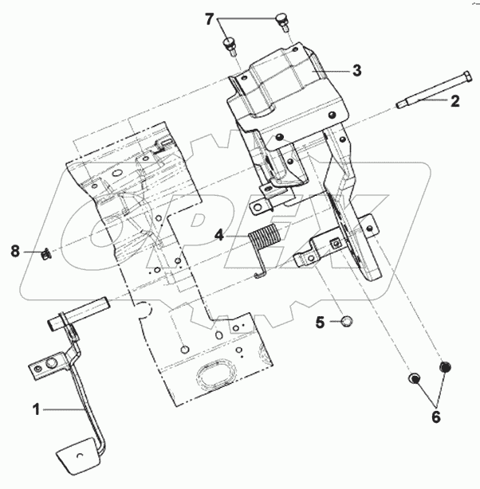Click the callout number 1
[36, 409]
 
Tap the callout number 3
[356, 70]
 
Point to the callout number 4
[219, 235]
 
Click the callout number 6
[435, 416]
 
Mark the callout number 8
[16, 251]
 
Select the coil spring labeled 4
[265, 240]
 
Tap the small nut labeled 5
[347, 322]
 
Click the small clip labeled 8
[47, 254]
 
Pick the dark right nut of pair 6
[446, 368]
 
